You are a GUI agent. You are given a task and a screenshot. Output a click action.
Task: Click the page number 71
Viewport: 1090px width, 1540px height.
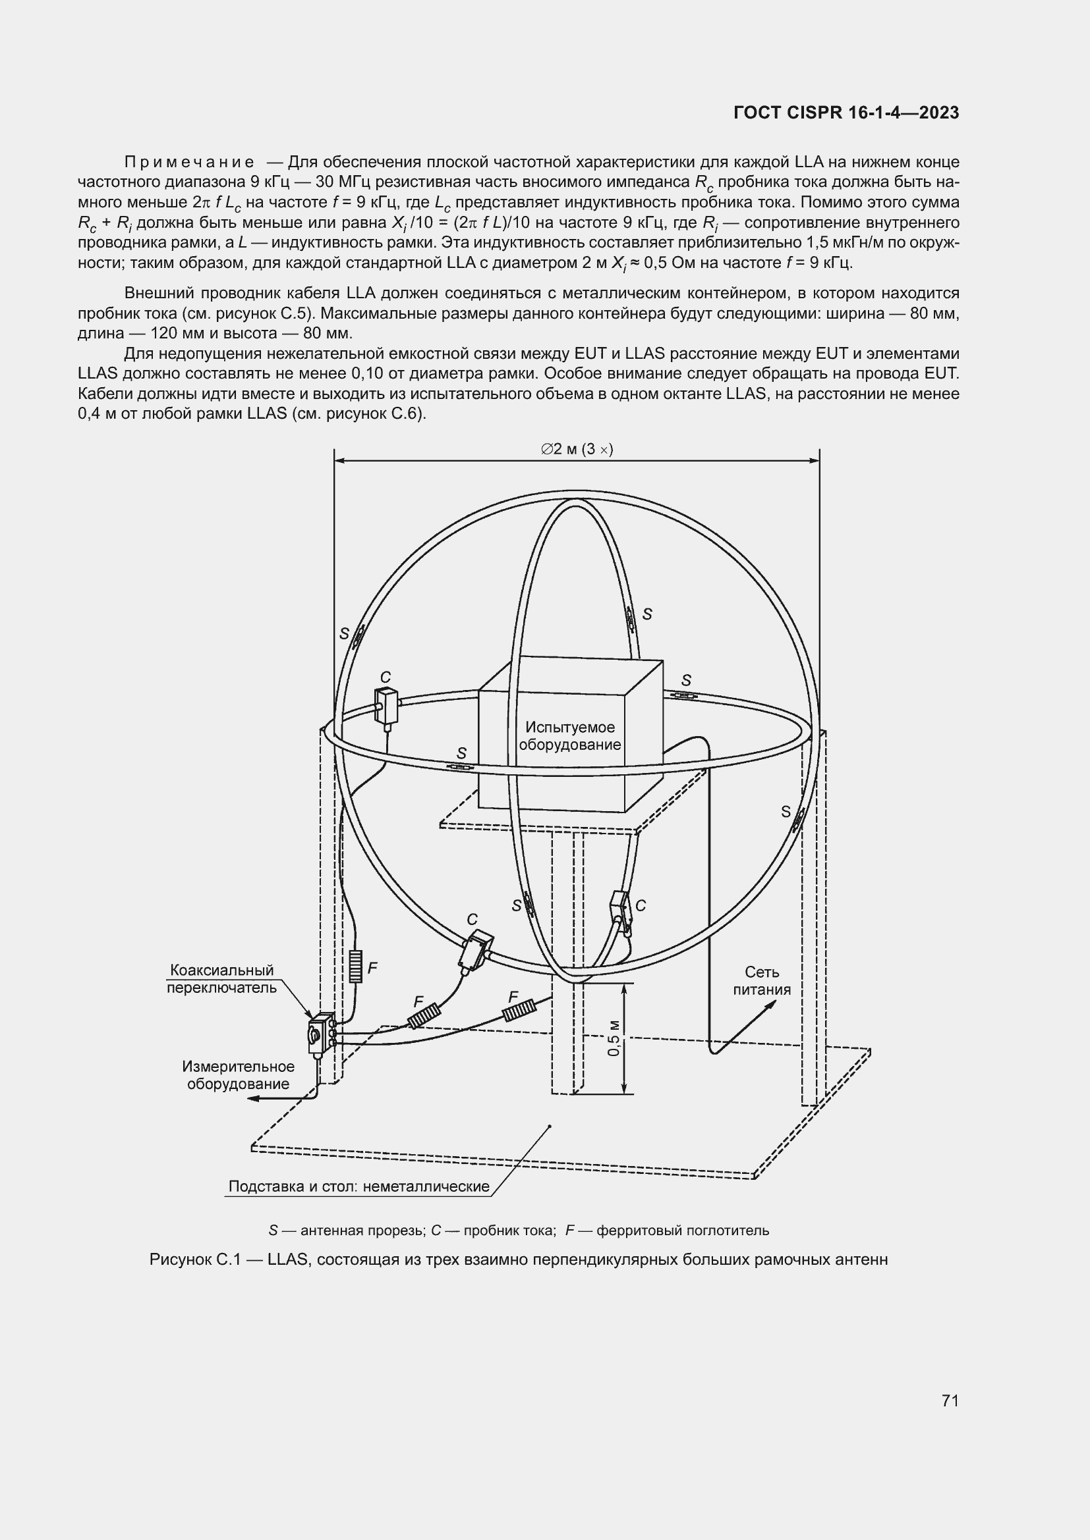pyautogui.click(x=950, y=1400)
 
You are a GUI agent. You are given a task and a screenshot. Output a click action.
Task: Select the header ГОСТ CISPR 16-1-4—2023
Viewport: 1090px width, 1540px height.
pyautogui.click(x=846, y=113)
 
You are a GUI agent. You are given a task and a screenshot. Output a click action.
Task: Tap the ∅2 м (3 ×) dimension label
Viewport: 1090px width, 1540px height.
pyautogui.click(x=577, y=450)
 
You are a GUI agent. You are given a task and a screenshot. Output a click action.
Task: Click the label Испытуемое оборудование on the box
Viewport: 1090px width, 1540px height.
pyautogui.click(x=570, y=736)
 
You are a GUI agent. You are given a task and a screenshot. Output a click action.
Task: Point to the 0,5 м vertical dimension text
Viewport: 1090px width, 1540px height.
pyautogui.click(x=614, y=1038)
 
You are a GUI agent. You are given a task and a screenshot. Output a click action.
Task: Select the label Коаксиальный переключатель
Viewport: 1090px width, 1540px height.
pyautogui.click(x=221, y=978)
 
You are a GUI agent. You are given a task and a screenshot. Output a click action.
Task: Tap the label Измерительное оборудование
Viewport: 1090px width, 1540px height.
pyautogui.click(x=239, y=1075)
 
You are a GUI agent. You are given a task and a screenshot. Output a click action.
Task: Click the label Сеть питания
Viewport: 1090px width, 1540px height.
pyautogui.click(x=762, y=980)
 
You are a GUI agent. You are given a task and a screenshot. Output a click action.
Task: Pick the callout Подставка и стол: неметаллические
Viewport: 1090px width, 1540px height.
pyautogui.click(x=359, y=1186)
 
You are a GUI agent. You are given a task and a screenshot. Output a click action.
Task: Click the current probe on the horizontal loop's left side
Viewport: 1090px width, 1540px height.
pyautogui.click(x=387, y=705)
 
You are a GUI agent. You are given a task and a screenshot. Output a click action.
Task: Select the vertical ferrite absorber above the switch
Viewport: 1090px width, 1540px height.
pyautogui.click(x=356, y=967)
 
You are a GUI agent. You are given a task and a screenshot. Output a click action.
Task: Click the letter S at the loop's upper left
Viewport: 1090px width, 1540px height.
pyautogui.click(x=344, y=633)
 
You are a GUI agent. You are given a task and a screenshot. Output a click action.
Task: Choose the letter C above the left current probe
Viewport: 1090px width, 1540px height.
pyautogui.click(x=386, y=677)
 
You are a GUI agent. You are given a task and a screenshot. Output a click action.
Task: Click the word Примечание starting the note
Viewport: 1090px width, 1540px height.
pyautogui.click(x=189, y=163)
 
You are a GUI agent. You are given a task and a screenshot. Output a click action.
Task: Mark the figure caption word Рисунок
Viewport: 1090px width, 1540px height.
pyautogui.click(x=178, y=1260)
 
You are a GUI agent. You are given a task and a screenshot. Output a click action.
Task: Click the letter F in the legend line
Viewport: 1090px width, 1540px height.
pyautogui.click(x=570, y=1231)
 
